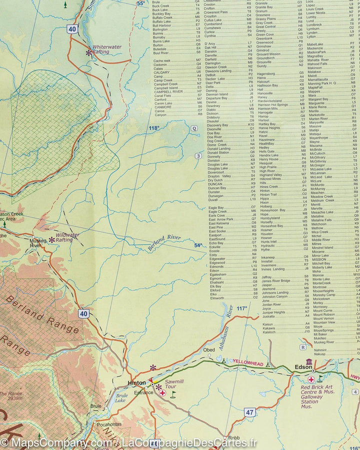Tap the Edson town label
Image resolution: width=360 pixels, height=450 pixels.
click(303, 367)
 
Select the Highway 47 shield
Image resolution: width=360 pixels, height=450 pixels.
click(249, 398)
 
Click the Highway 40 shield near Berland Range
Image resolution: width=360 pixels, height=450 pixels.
click(83, 314)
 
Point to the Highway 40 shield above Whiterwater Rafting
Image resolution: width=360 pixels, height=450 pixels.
click(72, 30)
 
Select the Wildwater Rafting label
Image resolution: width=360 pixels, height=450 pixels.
click(67, 237)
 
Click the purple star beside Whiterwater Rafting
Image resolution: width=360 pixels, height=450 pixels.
click(89, 52)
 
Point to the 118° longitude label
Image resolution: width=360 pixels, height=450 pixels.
click(153, 129)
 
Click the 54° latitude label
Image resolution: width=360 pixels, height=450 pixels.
click(198, 245)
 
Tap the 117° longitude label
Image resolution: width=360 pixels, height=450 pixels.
click(242, 308)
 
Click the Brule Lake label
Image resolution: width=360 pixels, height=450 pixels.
click(120, 398)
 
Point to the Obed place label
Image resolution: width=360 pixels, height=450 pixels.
click(209, 350)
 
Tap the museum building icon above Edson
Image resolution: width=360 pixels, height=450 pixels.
click(309, 361)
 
